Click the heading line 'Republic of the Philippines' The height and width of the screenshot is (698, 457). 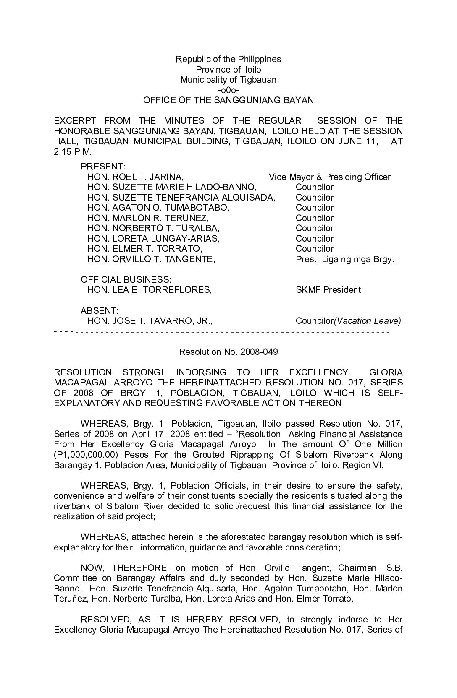228,59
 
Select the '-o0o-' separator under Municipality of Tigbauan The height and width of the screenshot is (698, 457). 228,90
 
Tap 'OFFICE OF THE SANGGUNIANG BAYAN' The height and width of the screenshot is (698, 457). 228,101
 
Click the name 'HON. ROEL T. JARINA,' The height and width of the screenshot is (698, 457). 135,177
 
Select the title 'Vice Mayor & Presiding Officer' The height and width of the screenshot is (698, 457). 329,177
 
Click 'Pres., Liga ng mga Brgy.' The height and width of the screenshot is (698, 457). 345,259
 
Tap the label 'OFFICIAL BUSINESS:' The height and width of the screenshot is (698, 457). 126,279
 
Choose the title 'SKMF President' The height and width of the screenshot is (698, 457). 328,290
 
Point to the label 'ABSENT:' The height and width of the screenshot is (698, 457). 100,311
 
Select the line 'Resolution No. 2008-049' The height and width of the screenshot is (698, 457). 228,352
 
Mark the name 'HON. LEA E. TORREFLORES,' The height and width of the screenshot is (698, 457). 150,290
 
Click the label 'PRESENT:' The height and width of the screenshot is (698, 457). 103,167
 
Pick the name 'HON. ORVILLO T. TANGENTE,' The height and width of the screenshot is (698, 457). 151,259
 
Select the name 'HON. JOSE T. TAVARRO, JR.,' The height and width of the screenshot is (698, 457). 150,321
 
